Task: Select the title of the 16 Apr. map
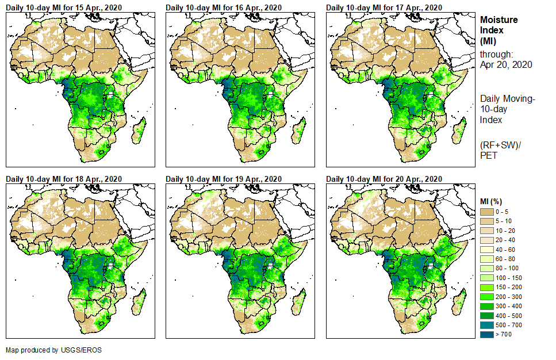tap(224, 7)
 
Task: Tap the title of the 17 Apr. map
tap(384, 7)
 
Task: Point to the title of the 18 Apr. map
tap(64, 179)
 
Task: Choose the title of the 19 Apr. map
tap(224, 179)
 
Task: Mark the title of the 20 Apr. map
tap(384, 179)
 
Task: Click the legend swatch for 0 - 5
tap(488, 212)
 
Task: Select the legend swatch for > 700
tap(488, 334)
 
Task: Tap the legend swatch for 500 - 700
tap(488, 325)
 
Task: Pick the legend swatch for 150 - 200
tap(488, 288)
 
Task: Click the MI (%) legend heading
tap(493, 201)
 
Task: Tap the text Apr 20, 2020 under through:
tap(506, 64)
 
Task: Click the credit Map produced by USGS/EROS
tap(49, 350)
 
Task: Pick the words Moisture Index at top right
tap(499, 25)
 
